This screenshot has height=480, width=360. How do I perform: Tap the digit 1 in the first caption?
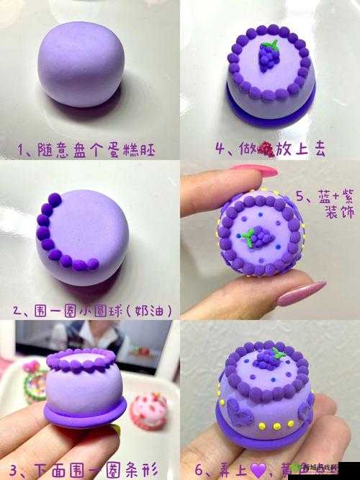pos(22,150)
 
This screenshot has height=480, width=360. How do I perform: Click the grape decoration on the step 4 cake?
pos(269,55)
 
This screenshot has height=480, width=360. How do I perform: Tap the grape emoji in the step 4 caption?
pos(266,149)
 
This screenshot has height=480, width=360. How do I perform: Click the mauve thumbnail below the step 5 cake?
pos(301,293)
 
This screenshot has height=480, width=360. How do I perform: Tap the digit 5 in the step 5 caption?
pos(302,196)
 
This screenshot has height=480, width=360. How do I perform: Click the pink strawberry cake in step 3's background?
pos(148,409)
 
